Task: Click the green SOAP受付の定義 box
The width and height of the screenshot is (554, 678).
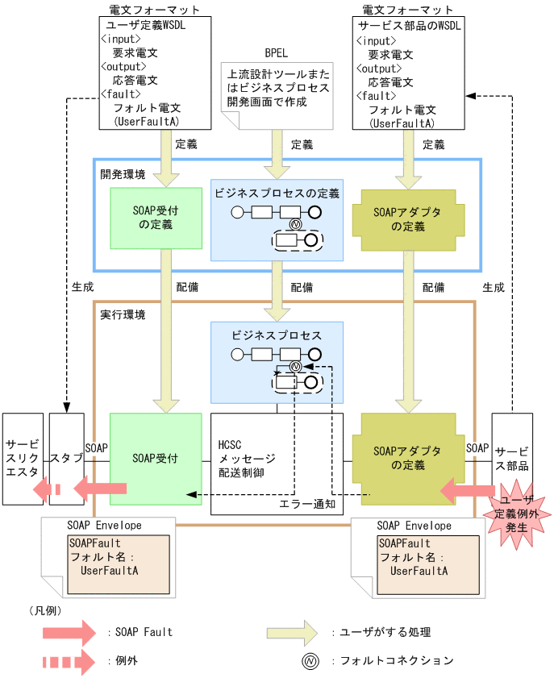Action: [155, 218]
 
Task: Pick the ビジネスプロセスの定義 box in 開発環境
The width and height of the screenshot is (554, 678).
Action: [277, 220]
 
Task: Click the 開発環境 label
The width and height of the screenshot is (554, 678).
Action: [123, 173]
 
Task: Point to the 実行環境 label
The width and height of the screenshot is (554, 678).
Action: [123, 314]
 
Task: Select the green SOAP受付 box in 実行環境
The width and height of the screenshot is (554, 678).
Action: [155, 459]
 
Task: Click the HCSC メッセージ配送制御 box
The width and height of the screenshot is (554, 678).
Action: [277, 464]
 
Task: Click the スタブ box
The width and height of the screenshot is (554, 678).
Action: [65, 459]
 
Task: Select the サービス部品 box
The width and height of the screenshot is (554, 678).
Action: [512, 459]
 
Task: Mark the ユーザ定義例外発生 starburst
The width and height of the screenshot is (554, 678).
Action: [513, 511]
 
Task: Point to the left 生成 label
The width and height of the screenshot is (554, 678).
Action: [81, 286]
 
